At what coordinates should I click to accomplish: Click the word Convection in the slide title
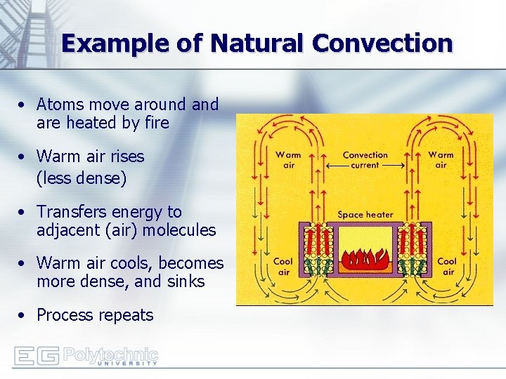382,44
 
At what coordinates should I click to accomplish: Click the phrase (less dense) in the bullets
82,178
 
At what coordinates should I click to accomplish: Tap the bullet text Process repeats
95,315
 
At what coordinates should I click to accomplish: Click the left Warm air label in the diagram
288,160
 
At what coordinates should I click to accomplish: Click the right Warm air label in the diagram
441,160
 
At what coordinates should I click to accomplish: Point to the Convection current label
365,160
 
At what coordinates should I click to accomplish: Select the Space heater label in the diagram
365,215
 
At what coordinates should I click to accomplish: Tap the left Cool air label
283,266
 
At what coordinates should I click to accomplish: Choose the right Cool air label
447,266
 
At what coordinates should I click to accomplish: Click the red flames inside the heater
365,260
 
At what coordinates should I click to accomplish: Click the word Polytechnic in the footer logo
110,354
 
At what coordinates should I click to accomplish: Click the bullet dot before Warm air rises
23,157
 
